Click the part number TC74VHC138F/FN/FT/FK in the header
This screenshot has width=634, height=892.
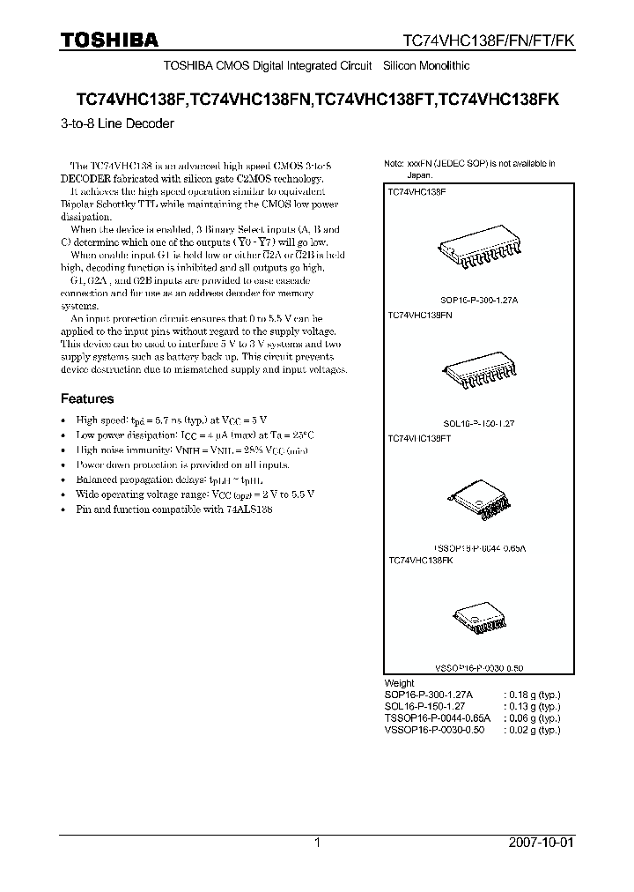tap(488, 41)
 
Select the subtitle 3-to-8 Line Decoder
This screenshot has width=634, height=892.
tap(117, 123)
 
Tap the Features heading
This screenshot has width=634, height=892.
tap(86, 398)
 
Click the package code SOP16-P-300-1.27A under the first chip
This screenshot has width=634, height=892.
tap(479, 301)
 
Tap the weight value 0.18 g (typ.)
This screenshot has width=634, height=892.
tap(531, 695)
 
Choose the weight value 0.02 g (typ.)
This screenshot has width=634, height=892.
tap(531, 731)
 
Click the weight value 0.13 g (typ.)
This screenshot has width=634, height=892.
tap(531, 707)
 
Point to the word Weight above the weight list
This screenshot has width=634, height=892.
tap(400, 683)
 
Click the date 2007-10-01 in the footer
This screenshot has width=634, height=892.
tap(541, 843)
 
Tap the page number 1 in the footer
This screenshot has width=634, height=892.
tap(318, 843)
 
